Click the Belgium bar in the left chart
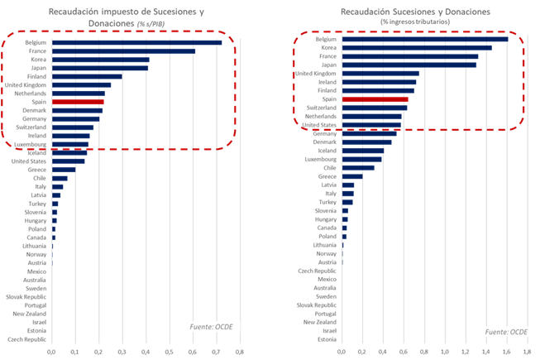pyautogui.click(x=136, y=42)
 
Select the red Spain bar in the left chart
pyautogui.click(x=77, y=103)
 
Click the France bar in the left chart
pyautogui.click(x=123, y=50)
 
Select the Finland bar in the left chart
pyautogui.click(x=87, y=76)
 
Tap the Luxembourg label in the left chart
pyautogui.click(x=27, y=145)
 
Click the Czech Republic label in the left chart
pyautogui.click(x=27, y=340)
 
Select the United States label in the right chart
pyautogui.click(x=318, y=125)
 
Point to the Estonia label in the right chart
pyautogui.click(x=326, y=339)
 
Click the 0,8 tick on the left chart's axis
pyautogui.click(x=240, y=353)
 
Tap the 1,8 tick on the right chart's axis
pyautogui.click(x=527, y=352)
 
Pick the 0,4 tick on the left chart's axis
pyautogui.click(x=146, y=353)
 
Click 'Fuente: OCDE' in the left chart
pyautogui.click(x=211, y=327)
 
